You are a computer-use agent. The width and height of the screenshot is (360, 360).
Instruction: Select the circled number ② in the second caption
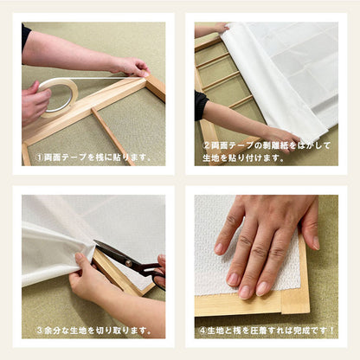click(207, 145)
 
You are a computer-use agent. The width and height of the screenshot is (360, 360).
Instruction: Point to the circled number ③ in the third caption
click(40, 330)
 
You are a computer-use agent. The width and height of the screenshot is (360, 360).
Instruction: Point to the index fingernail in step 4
click(234, 279)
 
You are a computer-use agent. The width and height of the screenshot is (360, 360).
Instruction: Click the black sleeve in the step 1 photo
click(26, 37)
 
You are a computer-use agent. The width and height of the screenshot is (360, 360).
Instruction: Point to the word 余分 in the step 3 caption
click(54, 330)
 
